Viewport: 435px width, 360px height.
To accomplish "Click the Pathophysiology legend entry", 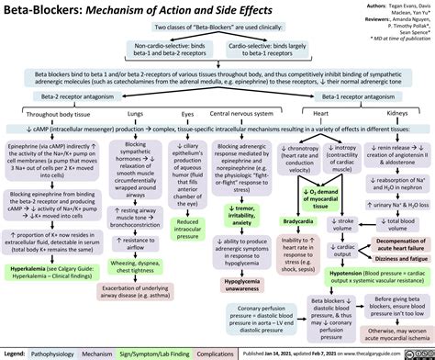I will tap(51, 352).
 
